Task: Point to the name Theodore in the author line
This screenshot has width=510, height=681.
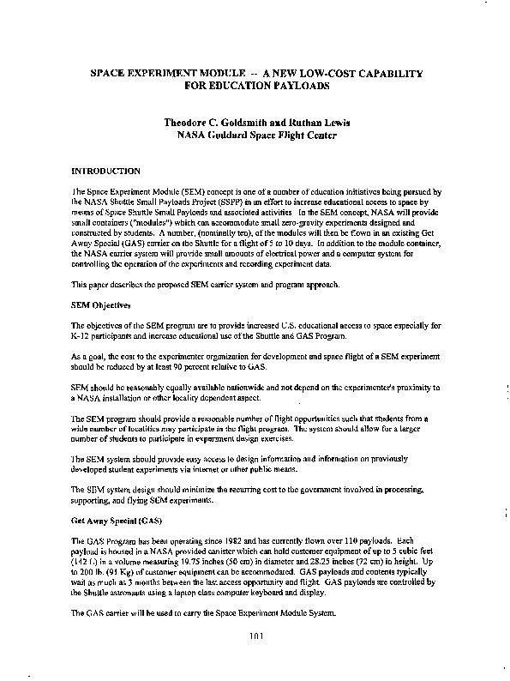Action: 194,123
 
